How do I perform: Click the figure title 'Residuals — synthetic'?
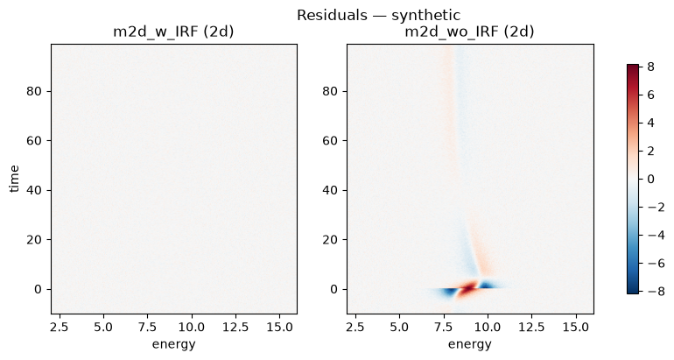[378, 15]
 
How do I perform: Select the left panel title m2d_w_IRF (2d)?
[173, 32]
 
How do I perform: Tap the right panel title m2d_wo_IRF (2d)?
[469, 32]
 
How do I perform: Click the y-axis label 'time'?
[14, 179]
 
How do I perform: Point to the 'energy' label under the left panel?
[173, 344]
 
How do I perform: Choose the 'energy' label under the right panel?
[470, 344]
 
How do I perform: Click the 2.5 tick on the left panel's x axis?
[60, 328]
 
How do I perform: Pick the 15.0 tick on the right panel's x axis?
[576, 328]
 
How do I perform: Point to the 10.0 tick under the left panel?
[192, 328]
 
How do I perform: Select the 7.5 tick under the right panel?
[443, 328]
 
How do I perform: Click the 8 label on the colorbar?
[649, 67]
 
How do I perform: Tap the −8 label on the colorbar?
[655, 292]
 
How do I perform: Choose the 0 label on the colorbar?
[649, 179]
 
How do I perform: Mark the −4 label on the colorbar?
[655, 236]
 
